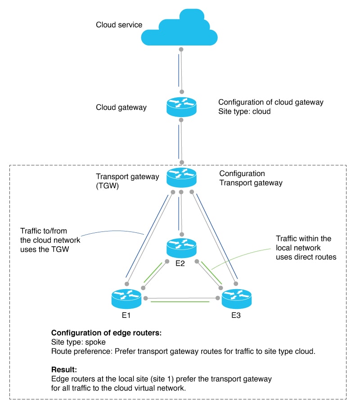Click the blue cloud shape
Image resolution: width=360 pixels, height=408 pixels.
coord(180,30)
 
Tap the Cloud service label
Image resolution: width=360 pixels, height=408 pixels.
coord(119,25)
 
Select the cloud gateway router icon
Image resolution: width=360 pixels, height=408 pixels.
coord(181,107)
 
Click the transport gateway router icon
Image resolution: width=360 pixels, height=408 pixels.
coord(181,177)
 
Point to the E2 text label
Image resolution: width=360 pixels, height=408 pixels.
coord(180,263)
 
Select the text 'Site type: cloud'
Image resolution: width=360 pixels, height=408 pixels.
coord(244,111)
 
